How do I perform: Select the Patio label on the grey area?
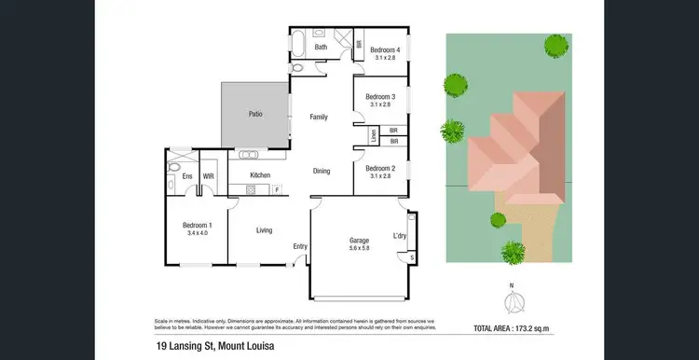coord(254,114)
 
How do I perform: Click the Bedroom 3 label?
coord(380,97)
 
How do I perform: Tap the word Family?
coord(319,117)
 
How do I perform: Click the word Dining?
coord(321,171)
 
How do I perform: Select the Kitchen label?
coord(260,175)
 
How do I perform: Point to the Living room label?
coord(265,229)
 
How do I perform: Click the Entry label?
coord(299,246)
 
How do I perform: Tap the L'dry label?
coord(400,236)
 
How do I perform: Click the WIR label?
coord(209,175)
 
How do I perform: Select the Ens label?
coord(186,175)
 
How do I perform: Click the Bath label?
coord(321,47)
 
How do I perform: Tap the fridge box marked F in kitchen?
coord(277,190)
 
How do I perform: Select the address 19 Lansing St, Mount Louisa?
coord(217,347)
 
